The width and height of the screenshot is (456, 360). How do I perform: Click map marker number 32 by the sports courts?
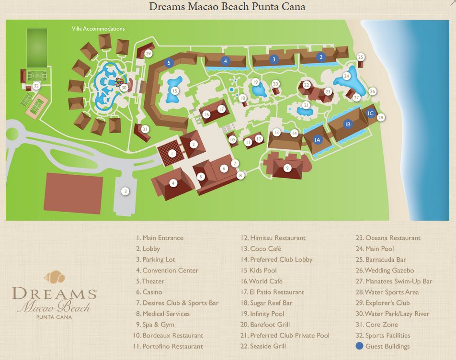(36, 86)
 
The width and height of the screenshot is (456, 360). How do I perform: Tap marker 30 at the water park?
(124, 88)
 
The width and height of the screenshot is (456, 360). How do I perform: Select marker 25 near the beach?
(361, 57)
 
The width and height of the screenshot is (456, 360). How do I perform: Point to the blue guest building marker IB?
(348, 124)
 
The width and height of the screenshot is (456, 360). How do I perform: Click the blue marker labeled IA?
(317, 140)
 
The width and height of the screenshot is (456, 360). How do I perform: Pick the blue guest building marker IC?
(370, 113)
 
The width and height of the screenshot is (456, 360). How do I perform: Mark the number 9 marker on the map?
(287, 168)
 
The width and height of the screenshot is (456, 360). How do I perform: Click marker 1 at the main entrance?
(172, 154)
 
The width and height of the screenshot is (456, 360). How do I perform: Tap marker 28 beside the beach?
(381, 117)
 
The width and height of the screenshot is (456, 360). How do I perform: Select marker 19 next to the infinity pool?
(255, 82)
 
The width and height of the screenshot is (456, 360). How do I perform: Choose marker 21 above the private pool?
(306, 105)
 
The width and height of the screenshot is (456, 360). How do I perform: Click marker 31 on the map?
(145, 129)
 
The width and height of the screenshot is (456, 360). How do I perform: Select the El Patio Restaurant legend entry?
(277, 292)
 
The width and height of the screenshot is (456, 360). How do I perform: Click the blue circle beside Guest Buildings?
(359, 346)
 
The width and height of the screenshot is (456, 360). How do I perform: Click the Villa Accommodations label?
(98, 29)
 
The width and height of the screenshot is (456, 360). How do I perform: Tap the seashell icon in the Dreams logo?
(54, 277)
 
